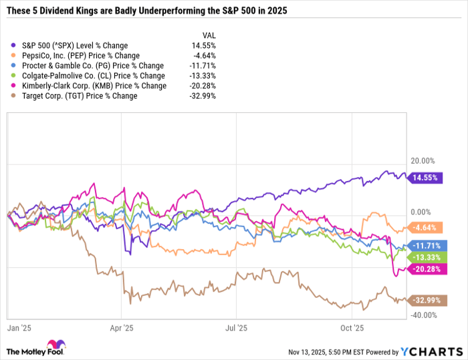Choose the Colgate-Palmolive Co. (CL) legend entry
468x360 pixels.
(94, 75)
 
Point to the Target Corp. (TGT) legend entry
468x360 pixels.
(80, 96)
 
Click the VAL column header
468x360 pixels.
(209, 35)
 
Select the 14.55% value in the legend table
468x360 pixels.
(204, 45)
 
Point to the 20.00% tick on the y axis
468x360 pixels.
(423, 161)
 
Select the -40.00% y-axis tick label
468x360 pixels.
(423, 315)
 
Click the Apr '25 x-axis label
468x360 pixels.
(121, 328)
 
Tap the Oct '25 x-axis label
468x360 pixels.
(351, 328)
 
